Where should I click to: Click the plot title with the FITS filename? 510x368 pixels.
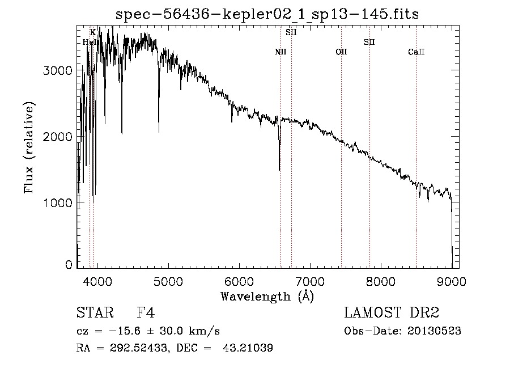tap(267, 14)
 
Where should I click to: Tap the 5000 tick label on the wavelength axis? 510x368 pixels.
tap(168, 281)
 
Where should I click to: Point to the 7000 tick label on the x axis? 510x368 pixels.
tap(310, 281)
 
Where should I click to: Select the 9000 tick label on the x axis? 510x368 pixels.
tap(452, 281)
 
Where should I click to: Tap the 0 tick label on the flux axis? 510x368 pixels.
tap(69, 265)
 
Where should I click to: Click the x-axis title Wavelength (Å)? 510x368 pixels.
tap(267, 296)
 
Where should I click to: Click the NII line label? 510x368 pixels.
tap(280, 52)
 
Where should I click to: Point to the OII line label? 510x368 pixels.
tap(341, 52)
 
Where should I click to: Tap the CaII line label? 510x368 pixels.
tap(416, 52)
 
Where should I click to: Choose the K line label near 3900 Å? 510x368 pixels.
tap(92, 32)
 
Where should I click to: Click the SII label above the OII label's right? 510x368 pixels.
tap(369, 42)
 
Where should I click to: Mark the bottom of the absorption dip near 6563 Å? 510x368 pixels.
tap(279, 170)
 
